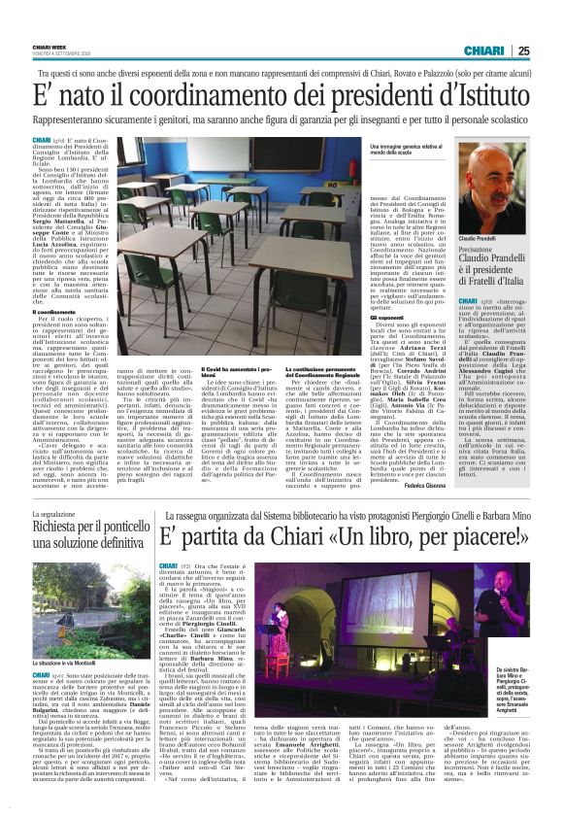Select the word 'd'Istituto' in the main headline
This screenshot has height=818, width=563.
click(482, 95)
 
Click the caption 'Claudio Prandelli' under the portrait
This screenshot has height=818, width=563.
click(480, 238)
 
